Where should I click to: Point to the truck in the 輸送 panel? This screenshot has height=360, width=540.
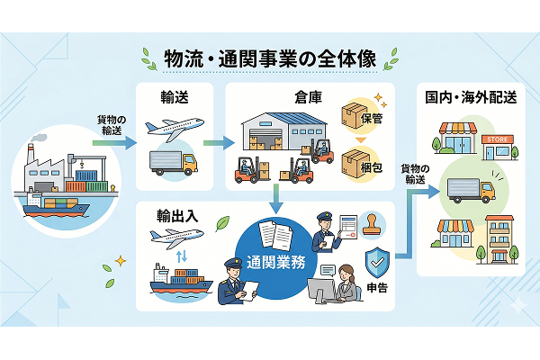click(x=173, y=163)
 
